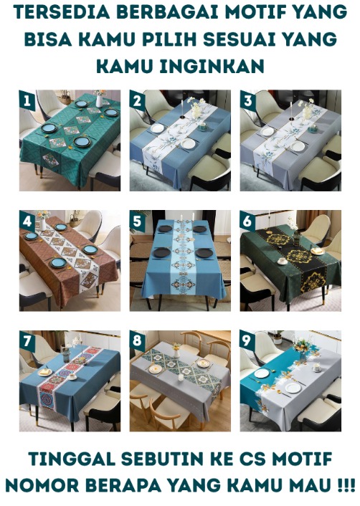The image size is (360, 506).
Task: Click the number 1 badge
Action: tap(27, 100)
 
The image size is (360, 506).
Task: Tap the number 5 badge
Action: tap(137, 221)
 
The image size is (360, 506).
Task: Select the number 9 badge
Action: tap(247, 341)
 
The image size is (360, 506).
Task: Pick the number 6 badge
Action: tap(247, 221)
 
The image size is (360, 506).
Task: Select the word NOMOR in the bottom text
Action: tap(40, 485)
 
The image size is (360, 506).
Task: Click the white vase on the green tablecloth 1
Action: tap(99, 100)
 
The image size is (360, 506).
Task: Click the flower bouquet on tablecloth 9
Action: tap(302, 346)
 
